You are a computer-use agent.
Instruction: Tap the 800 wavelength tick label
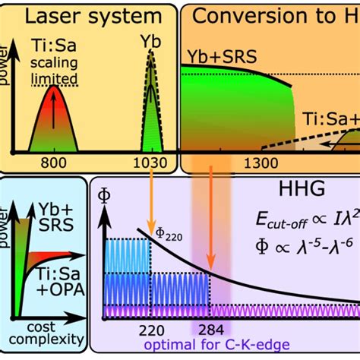coord(55,162)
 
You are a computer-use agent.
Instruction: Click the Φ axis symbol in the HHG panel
coord(105,196)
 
